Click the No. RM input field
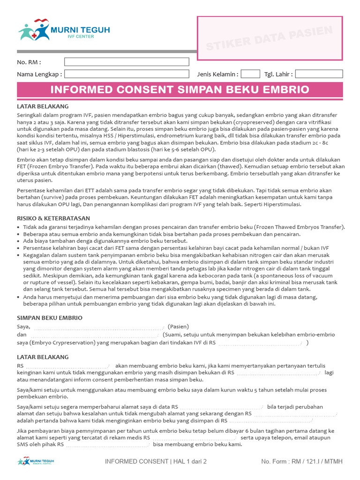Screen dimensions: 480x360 pos(127,62)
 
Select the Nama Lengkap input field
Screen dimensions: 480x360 pos(127,74)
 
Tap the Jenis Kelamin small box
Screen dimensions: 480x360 pos(250,74)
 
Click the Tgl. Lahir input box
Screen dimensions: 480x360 pos(319,74)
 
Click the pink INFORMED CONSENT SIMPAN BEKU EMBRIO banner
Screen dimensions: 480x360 pos(180,90)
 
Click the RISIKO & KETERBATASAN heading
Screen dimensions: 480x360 pos(53,218)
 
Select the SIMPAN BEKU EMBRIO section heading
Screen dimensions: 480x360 pos(50,318)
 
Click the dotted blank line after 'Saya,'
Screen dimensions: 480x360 pos(97,327)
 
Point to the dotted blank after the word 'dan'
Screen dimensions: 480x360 pos(94,335)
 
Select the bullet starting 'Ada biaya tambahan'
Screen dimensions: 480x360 pos(105,240)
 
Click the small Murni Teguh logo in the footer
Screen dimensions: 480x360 pos(36,461)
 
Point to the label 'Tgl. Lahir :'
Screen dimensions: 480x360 pos(278,74)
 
